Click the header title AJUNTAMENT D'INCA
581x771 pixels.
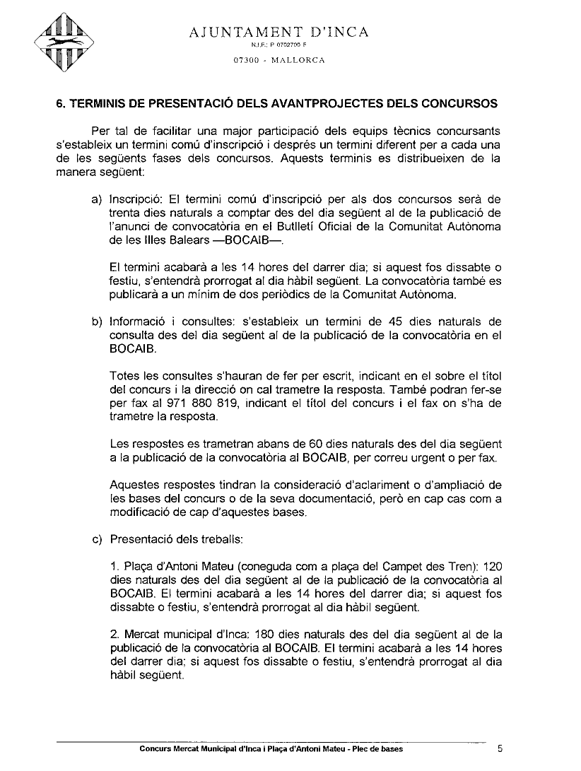(279, 32)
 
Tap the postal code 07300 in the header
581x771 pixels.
(246, 59)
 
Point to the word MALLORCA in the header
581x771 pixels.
(296, 59)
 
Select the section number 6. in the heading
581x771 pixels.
(61, 103)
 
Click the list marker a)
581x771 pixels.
(98, 200)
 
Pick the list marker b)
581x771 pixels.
(98, 322)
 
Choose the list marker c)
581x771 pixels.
(98, 541)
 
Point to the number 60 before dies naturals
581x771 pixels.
(317, 445)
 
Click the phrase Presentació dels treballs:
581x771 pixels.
(177, 541)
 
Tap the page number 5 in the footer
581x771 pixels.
(500, 749)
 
